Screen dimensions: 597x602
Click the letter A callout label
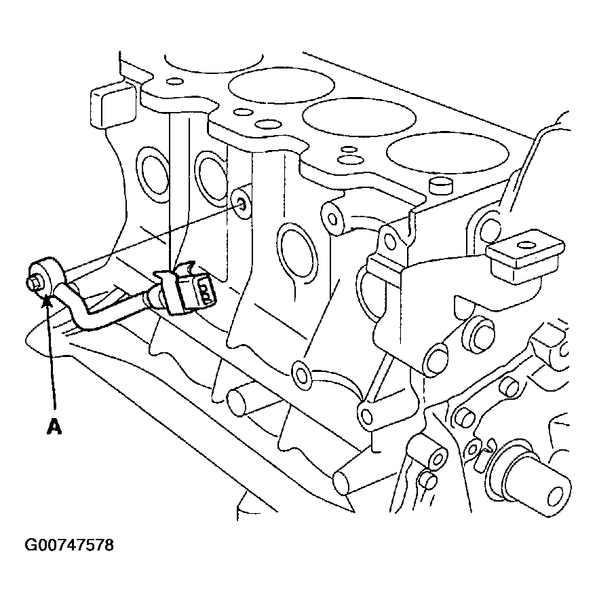(x=54, y=426)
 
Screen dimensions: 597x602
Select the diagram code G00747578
(x=69, y=545)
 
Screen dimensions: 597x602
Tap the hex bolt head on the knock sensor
(x=33, y=283)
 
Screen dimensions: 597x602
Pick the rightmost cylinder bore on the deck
(x=447, y=153)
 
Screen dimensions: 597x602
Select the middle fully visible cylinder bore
(x=360, y=117)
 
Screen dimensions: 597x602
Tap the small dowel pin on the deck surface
(x=441, y=186)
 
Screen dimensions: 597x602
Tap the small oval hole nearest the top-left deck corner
(x=174, y=81)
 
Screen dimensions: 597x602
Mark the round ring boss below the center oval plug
(x=302, y=373)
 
